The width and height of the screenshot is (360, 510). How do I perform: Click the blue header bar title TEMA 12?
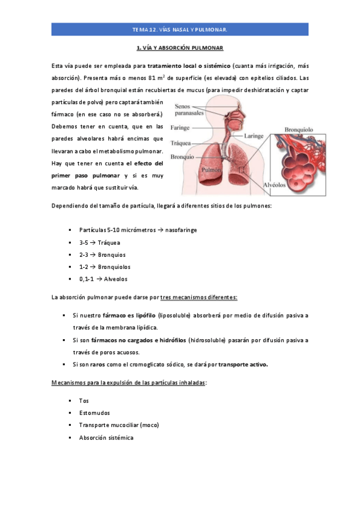180,29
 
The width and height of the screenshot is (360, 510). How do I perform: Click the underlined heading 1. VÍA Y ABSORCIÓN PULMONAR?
180,48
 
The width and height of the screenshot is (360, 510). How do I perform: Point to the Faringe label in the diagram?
180,127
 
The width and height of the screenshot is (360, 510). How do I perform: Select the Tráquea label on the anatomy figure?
181,143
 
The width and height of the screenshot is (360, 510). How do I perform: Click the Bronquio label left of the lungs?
182,157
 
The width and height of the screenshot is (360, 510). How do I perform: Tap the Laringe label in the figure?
254,136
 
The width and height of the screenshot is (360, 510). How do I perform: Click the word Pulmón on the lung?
211,170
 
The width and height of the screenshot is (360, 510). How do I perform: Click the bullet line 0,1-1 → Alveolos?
103,279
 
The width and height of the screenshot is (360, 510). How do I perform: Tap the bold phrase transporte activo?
243,364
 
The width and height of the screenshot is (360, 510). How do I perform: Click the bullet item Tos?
84,401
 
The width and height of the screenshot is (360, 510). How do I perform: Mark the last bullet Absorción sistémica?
106,438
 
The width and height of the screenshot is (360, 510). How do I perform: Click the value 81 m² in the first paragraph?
157,78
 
